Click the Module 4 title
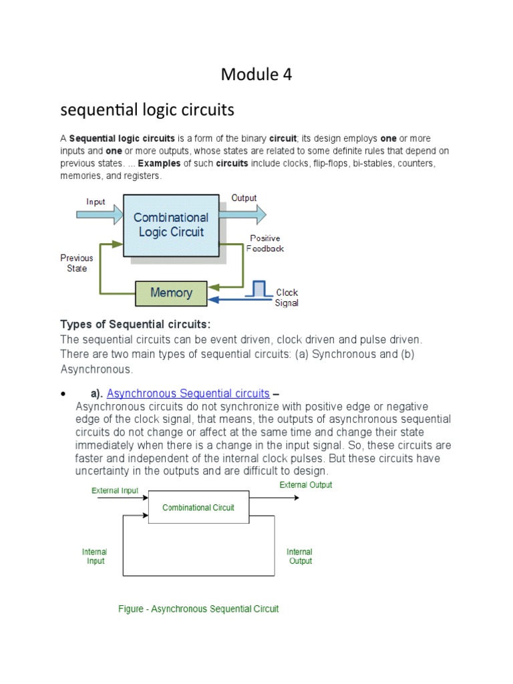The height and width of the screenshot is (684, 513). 256,75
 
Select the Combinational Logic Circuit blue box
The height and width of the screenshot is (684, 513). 171,225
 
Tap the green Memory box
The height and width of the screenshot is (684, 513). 171,293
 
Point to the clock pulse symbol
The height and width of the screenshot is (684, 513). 259,289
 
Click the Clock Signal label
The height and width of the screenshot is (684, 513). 287,297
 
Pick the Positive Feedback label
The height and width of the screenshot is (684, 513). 265,243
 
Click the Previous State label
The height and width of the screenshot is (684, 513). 77,263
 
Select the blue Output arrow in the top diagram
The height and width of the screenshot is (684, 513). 244,214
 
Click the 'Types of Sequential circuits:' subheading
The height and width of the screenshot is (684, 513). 136,325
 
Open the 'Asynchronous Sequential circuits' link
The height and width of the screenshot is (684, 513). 188,393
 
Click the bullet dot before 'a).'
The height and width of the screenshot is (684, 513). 62,393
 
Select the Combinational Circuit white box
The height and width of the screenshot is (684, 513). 198,508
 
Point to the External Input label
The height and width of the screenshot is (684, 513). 115,490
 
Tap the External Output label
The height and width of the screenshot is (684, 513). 305,485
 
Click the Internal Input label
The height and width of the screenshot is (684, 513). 95,556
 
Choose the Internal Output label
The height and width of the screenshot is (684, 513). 300,556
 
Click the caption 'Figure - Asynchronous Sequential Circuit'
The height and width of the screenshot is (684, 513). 198,609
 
